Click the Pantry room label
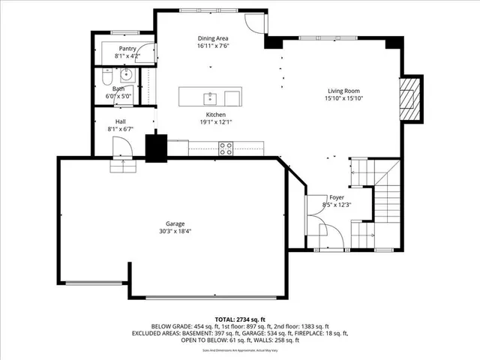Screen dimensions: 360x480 (127, 48)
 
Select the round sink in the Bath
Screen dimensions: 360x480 (127, 74)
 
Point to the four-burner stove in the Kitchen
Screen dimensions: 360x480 (225, 148)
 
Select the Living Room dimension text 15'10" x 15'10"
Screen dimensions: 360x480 (345, 98)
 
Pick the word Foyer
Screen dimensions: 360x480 (337, 197)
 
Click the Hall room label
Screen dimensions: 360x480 (121, 121)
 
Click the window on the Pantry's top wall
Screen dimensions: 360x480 (121, 33)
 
